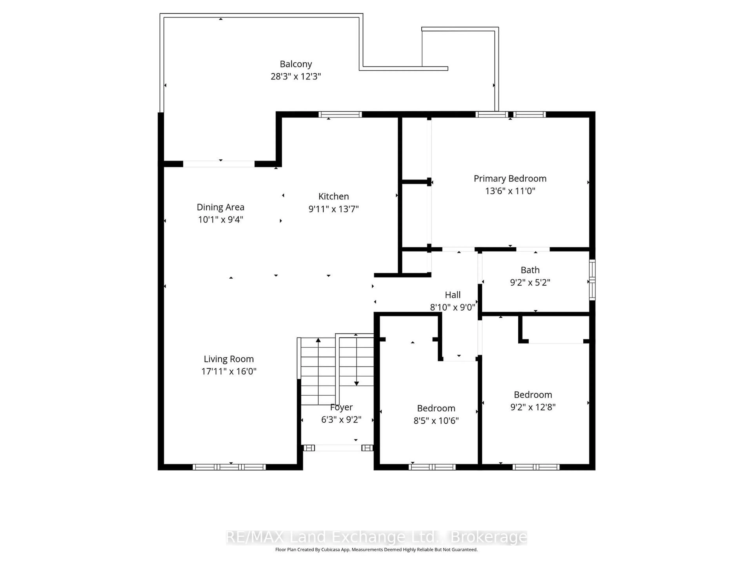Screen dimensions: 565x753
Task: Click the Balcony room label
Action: click(296, 64)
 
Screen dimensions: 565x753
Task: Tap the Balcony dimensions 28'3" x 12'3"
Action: click(296, 76)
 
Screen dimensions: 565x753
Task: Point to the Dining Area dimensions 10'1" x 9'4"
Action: click(221, 220)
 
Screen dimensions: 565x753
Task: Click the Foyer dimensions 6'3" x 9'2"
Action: click(341, 420)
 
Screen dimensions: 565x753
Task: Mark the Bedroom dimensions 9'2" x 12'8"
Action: click(533, 407)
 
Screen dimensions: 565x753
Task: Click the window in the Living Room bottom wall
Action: click(229, 467)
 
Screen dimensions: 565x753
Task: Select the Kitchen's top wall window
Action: click(340, 114)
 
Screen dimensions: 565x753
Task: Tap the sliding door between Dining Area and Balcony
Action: click(219, 164)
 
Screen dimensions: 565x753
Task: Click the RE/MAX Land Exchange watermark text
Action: click(376, 537)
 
